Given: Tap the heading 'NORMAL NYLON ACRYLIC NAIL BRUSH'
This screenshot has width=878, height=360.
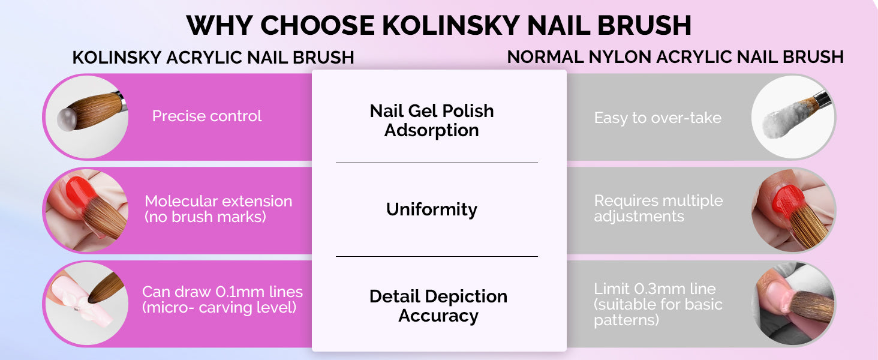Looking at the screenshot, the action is [x=675, y=57].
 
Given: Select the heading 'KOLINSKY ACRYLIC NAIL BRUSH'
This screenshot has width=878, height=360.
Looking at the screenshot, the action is [x=214, y=58].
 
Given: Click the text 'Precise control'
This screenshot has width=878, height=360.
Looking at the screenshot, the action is [x=206, y=116].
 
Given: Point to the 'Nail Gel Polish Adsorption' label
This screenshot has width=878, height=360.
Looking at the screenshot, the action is [x=432, y=121].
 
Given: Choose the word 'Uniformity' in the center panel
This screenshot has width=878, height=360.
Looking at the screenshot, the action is [x=432, y=209].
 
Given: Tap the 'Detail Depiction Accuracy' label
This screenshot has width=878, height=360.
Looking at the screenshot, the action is [x=438, y=306].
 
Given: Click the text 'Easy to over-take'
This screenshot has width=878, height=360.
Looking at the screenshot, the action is [x=657, y=118].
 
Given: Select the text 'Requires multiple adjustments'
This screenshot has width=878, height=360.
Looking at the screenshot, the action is [x=658, y=208].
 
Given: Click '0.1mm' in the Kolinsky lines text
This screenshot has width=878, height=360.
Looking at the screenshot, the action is [x=239, y=292].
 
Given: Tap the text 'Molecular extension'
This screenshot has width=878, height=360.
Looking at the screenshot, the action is [x=218, y=201].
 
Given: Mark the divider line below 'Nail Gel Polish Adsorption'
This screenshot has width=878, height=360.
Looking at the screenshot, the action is [x=437, y=163].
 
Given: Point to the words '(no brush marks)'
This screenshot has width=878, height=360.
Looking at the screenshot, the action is [x=205, y=217].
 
